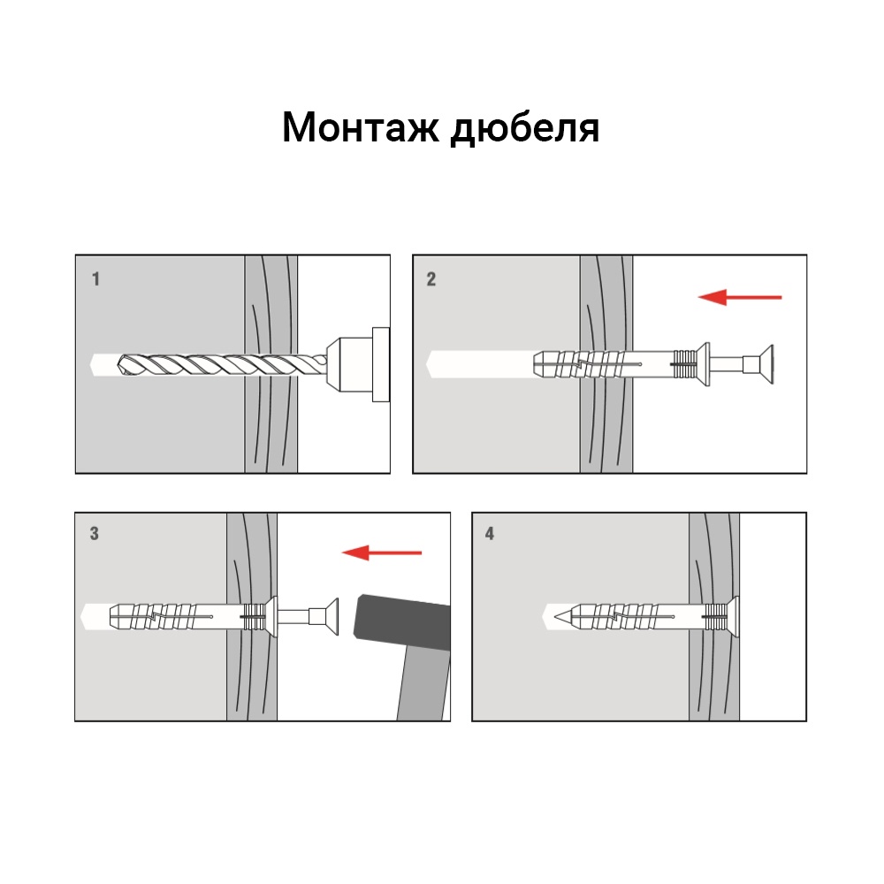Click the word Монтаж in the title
click(361, 128)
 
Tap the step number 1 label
click(95, 280)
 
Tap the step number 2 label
click(431, 280)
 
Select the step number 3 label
click(95, 534)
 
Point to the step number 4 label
click(490, 534)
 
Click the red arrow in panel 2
click(740, 297)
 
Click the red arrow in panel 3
click(382, 553)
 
